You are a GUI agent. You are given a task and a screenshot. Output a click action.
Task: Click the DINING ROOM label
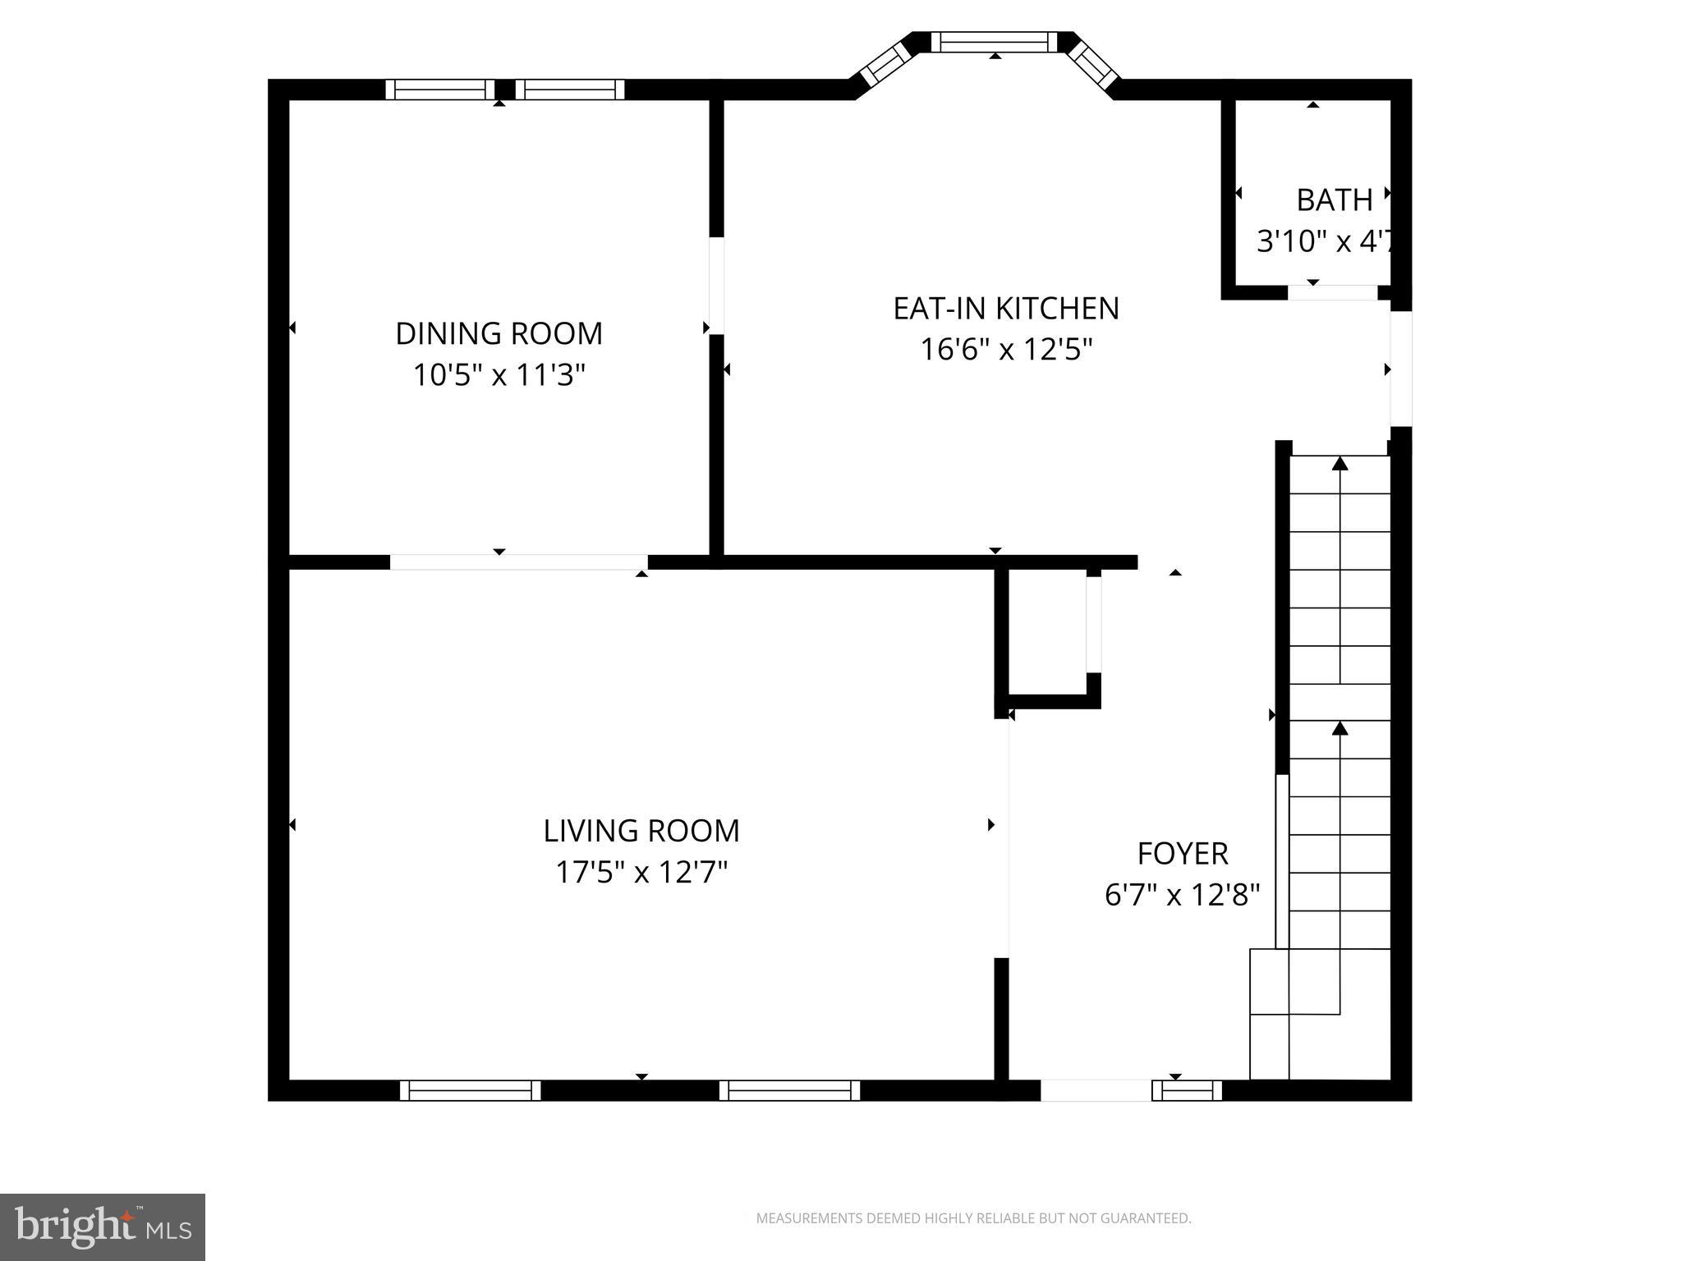(x=499, y=333)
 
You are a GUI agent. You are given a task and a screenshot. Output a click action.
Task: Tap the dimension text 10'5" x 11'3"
(x=499, y=375)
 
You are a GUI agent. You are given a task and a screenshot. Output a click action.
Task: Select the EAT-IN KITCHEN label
(x=1005, y=309)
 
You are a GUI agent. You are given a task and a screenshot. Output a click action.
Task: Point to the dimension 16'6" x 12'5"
(x=1005, y=351)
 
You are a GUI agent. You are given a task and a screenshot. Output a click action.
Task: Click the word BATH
(x=1334, y=200)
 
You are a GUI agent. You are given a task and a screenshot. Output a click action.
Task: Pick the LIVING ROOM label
(x=641, y=831)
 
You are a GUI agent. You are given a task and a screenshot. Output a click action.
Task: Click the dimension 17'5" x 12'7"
(x=641, y=872)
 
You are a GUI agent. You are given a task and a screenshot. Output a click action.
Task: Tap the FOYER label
(x=1182, y=854)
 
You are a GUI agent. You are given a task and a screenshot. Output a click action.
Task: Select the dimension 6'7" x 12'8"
(x=1182, y=895)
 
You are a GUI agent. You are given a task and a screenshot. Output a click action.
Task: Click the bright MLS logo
(x=102, y=1227)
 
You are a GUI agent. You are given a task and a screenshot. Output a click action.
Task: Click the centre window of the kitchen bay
(x=994, y=42)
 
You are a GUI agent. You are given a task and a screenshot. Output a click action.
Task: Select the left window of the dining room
(x=440, y=89)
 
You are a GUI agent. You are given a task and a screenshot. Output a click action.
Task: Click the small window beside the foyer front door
(x=1187, y=1090)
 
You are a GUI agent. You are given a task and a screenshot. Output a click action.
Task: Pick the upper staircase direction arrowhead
(x=1340, y=464)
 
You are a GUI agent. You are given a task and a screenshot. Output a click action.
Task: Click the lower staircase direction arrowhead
(x=1340, y=728)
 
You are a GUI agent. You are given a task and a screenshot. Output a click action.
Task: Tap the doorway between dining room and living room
(x=518, y=562)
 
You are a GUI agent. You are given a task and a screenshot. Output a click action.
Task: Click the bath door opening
(x=1332, y=292)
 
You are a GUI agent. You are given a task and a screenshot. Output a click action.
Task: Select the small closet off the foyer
(x=1047, y=632)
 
